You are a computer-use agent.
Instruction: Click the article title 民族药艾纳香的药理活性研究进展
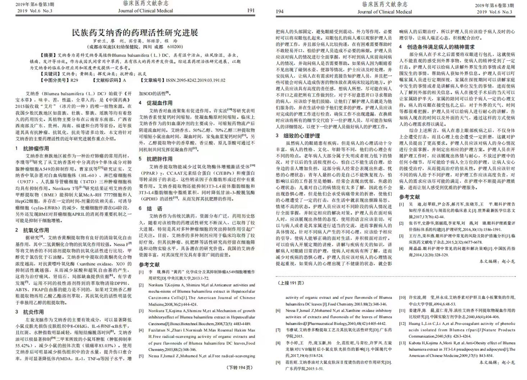(135, 33)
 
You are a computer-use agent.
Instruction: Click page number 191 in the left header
(251, 11)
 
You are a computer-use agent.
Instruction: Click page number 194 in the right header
(280, 11)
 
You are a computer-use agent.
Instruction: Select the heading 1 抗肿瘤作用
(32, 148)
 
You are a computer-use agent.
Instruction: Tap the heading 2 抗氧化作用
(32, 230)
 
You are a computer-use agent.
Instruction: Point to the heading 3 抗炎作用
(30, 312)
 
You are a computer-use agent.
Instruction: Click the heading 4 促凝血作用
(156, 103)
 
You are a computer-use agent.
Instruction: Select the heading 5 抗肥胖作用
(156, 159)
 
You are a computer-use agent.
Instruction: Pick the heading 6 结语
(151, 208)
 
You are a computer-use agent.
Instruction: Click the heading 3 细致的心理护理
(298, 136)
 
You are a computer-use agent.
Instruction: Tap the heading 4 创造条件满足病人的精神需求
(437, 47)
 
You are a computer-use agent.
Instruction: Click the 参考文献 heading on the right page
(409, 197)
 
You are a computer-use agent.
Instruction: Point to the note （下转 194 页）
(239, 367)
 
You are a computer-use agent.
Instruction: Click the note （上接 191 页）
(291, 283)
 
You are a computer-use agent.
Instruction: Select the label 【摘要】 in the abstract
(49, 55)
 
